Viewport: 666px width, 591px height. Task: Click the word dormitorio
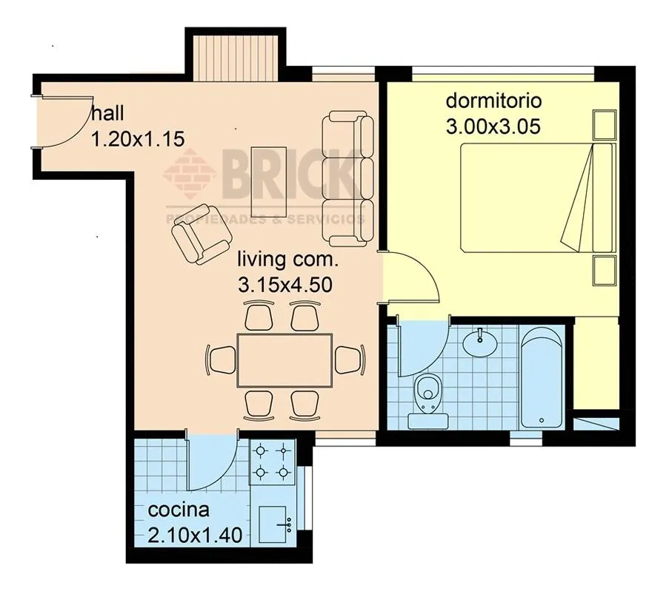pos(493,101)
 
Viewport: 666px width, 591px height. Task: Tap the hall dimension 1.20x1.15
pos(138,138)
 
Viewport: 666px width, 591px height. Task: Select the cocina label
pos(179,510)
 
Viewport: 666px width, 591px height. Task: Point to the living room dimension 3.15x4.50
pos(285,285)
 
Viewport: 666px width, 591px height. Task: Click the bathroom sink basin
pos(480,342)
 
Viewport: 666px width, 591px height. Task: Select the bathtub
pos(542,378)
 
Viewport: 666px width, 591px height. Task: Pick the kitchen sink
pos(273,524)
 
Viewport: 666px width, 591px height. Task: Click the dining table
pos(284,360)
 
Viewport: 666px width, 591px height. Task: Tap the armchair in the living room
pos(202,234)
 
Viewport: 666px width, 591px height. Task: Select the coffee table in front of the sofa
pos(268,182)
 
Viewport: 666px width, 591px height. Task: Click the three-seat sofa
pos(348,179)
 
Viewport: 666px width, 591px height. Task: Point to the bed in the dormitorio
pos(538,198)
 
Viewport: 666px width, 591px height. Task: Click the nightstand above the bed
pos(604,125)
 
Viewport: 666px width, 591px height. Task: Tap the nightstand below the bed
pos(604,271)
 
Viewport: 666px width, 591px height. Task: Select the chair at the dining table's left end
pos(221,360)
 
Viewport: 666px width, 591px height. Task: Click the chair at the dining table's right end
pos(349,360)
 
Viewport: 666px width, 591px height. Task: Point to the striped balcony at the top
pos(236,58)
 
